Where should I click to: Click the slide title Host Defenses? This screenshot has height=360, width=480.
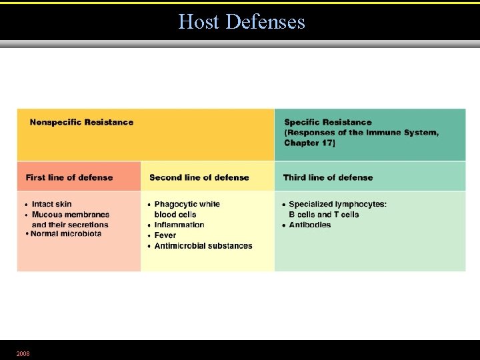[x=241, y=22]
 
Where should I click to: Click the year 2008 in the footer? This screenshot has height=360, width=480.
[x=23, y=353]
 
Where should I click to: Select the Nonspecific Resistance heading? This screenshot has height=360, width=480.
[x=81, y=122]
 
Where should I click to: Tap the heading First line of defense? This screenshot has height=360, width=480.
[x=69, y=177]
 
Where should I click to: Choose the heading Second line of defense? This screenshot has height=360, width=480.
[x=199, y=177]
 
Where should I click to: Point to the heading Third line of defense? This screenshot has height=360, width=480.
[x=327, y=177]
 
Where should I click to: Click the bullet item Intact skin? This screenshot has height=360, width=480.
[x=52, y=204]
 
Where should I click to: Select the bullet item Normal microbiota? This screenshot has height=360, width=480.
[x=66, y=234]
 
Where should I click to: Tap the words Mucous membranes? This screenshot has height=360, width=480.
[x=71, y=215]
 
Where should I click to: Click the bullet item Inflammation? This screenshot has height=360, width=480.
[x=179, y=225]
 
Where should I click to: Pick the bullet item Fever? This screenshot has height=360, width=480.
[x=165, y=235]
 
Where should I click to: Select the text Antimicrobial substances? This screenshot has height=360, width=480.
[x=203, y=246]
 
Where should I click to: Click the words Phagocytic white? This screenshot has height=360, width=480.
[x=187, y=204]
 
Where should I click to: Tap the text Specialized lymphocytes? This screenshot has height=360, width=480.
[x=337, y=204]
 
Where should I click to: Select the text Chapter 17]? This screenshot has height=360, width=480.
[x=309, y=143]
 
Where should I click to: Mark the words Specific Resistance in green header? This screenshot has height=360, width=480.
[x=327, y=122]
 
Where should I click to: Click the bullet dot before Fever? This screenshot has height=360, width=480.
[x=149, y=235]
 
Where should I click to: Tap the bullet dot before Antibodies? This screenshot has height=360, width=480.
[x=283, y=225]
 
